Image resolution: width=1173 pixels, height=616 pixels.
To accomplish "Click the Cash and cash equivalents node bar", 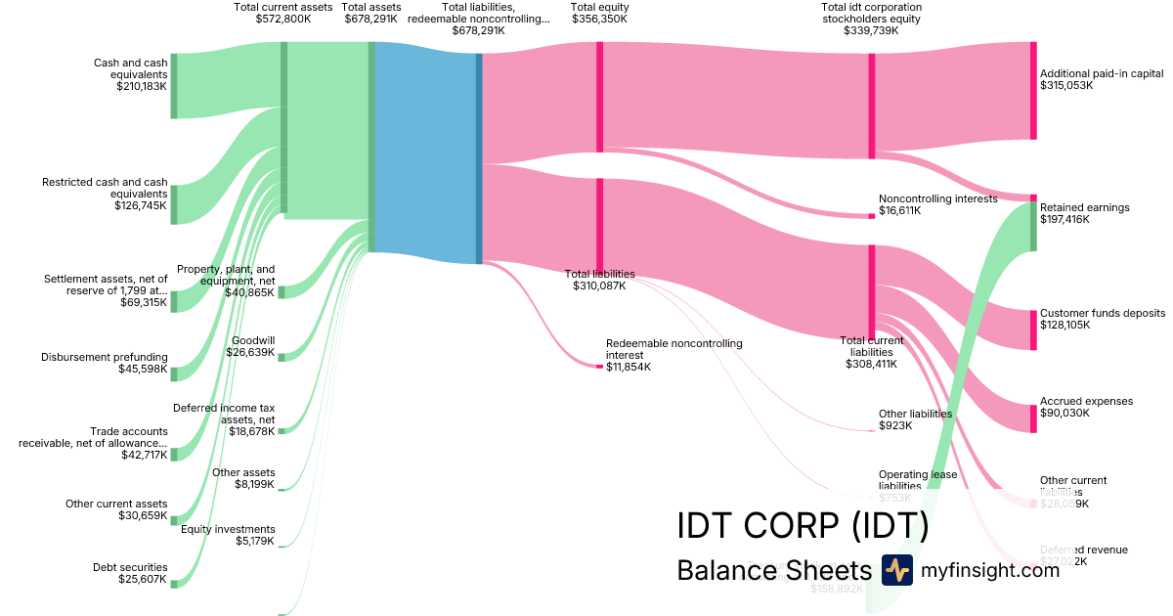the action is [174, 86].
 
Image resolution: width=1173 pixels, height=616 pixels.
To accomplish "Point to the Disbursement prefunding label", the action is [105, 357].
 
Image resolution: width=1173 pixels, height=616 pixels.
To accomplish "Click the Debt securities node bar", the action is [174, 583].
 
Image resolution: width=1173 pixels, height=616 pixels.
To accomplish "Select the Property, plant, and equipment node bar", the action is [282, 292].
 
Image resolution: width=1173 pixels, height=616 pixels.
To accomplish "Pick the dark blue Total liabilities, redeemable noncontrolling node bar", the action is [479, 158].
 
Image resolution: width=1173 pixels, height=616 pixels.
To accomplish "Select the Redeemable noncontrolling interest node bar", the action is [599, 366].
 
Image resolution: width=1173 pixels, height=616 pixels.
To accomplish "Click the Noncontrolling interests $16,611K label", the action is [937, 204].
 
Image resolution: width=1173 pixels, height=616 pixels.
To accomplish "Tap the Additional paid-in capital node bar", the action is [1033, 91].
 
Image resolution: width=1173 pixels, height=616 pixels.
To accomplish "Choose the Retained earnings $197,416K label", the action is [1084, 213].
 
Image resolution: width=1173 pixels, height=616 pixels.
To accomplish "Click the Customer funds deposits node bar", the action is [1033, 330].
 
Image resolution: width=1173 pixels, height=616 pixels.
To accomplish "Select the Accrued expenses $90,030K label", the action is [1086, 407].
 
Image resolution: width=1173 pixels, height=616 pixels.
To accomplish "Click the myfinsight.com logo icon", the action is [896, 570].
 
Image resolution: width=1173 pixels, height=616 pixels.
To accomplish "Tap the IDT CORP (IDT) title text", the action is [802, 525].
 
